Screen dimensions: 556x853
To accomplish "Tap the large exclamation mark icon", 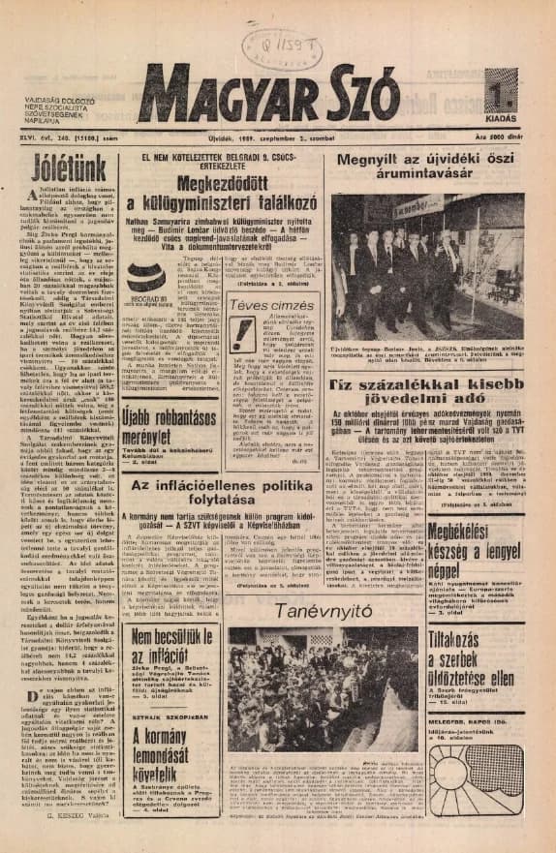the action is [243, 335].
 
